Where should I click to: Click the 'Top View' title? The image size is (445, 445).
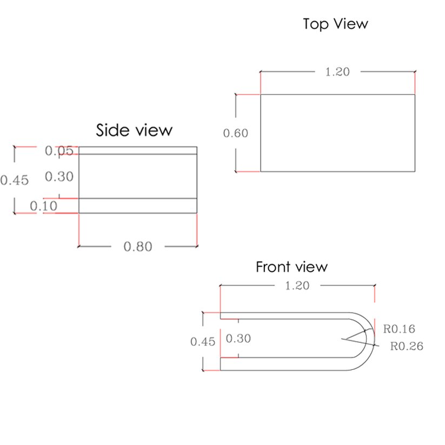pos(335,24)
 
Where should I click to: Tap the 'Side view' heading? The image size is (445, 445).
pos(134,130)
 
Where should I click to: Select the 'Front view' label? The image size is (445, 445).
pos(292,267)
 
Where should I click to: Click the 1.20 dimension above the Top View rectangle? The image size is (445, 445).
pos(337,72)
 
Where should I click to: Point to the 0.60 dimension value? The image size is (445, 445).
pos(236,133)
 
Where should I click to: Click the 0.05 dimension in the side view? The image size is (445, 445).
pos(59,150)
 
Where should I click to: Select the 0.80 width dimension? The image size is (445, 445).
pos(138,247)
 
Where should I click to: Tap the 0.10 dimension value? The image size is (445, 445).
pos(43,206)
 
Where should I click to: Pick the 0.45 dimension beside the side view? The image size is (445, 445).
pos(15,180)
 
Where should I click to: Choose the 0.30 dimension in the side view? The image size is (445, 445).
pos(59,176)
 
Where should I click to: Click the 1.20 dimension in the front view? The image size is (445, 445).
pos(297,286)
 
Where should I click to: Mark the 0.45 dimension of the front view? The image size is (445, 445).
pos(203,342)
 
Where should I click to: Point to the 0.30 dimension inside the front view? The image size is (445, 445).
pos(238,338)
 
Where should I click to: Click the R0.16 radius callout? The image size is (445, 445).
pos(399,329)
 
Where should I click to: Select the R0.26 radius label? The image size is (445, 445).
pos(407,346)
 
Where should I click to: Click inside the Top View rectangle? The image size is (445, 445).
pos(338,133)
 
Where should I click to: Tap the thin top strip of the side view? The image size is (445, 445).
pos(138,150)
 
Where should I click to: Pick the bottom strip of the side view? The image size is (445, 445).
pos(138,205)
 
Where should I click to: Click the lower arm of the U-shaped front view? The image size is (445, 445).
pos(284,364)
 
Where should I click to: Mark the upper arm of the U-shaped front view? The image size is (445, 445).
pos(284,316)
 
